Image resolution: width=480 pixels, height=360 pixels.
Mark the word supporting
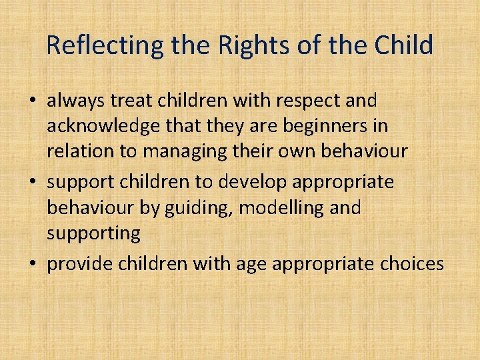pyautogui.click(x=93, y=233)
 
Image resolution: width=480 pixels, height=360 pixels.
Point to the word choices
pyautogui.click(x=411, y=265)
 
